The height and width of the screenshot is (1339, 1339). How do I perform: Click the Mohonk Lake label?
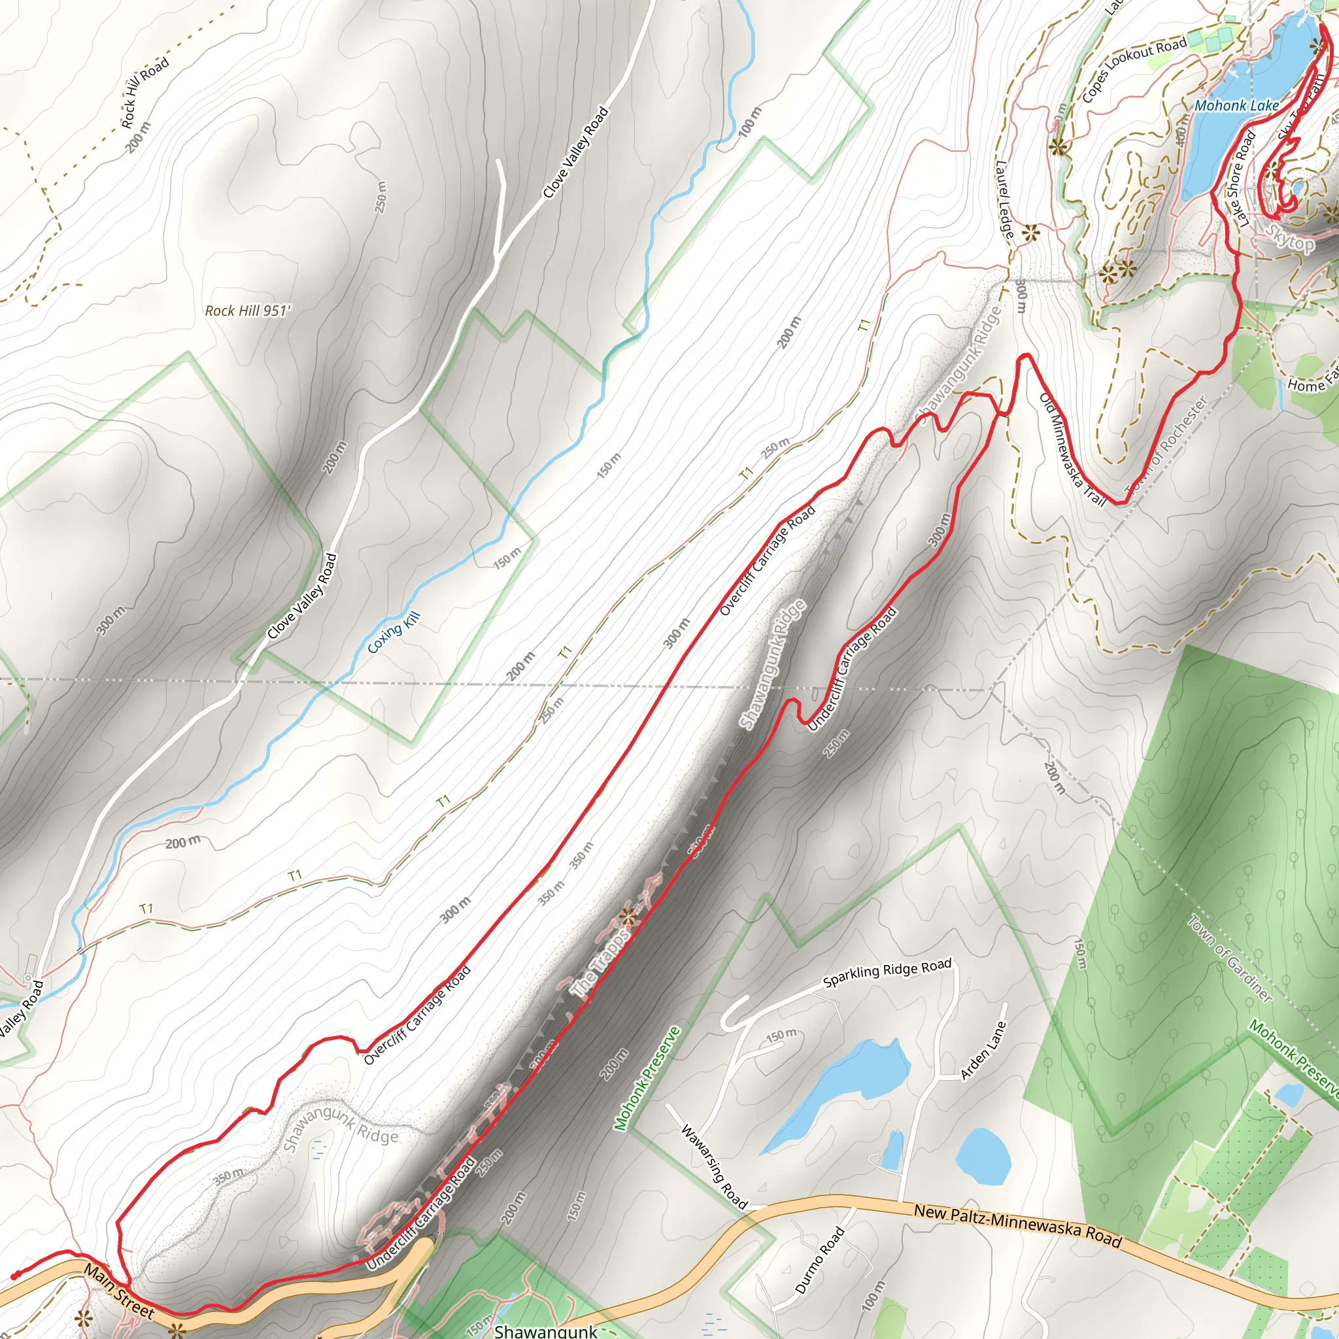tap(1236, 106)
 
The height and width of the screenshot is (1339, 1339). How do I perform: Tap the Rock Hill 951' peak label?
tap(247, 311)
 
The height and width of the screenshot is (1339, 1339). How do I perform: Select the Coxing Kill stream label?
tap(394, 633)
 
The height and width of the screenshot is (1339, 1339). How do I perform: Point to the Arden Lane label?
tap(983, 1050)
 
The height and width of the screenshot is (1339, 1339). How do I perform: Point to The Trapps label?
tap(600, 963)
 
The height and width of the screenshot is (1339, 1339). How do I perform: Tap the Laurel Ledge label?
tap(1005, 199)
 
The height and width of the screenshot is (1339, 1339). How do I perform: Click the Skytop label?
tap(1290, 240)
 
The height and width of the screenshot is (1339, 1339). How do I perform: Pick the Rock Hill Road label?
tap(145, 93)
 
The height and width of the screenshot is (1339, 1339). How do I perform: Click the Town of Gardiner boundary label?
tap(1230, 958)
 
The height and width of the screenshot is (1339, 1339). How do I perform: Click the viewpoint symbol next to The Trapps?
tap(628, 917)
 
